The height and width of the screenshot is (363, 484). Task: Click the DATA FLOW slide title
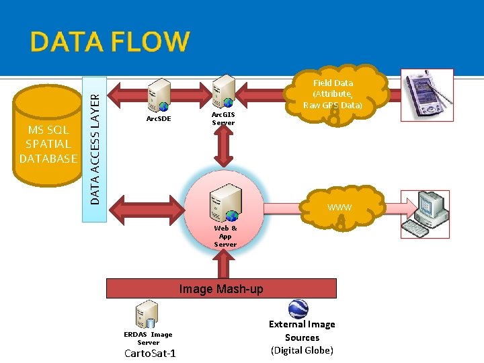pyautogui.click(x=110, y=42)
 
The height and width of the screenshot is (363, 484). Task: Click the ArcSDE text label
pyautogui.click(x=159, y=119)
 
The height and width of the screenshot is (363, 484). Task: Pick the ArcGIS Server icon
pyautogui.click(x=223, y=90)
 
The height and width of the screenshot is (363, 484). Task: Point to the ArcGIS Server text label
pyautogui.click(x=223, y=119)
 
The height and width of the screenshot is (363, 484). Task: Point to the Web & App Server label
pyautogui.click(x=225, y=236)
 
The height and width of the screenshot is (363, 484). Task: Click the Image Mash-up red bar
pyautogui.click(x=221, y=288)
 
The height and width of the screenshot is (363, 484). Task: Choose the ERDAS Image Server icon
pyautogui.click(x=146, y=315)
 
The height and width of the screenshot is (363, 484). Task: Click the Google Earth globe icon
pyautogui.click(x=298, y=309)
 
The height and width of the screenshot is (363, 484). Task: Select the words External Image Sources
pyautogui.click(x=302, y=331)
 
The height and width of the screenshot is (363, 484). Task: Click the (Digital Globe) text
pyautogui.click(x=302, y=350)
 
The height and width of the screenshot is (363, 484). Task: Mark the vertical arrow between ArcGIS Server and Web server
pyautogui.click(x=223, y=147)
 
